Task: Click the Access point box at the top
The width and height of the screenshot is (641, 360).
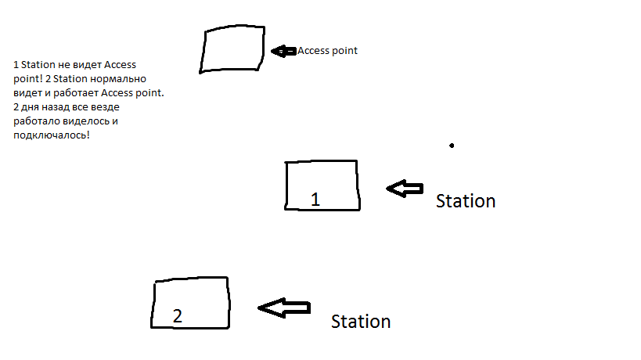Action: (232, 50)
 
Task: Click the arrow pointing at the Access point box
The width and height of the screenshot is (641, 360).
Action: (282, 51)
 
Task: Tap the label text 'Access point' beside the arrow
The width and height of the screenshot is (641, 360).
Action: (327, 51)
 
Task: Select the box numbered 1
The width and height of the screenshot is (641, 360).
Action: (322, 185)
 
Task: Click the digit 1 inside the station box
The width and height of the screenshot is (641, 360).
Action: (315, 200)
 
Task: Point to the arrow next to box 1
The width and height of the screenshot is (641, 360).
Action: (404, 189)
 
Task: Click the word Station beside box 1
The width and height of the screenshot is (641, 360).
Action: (466, 201)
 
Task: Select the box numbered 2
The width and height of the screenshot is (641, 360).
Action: (191, 302)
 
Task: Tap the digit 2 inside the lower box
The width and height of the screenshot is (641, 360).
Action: (178, 316)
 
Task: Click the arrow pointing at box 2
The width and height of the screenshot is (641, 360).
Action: (283, 308)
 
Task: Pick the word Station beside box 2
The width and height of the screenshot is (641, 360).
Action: (361, 322)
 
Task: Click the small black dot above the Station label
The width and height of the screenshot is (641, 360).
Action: (452, 145)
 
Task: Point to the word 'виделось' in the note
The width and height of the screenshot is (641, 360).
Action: (88, 122)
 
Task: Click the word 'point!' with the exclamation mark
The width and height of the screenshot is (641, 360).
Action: (27, 79)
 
